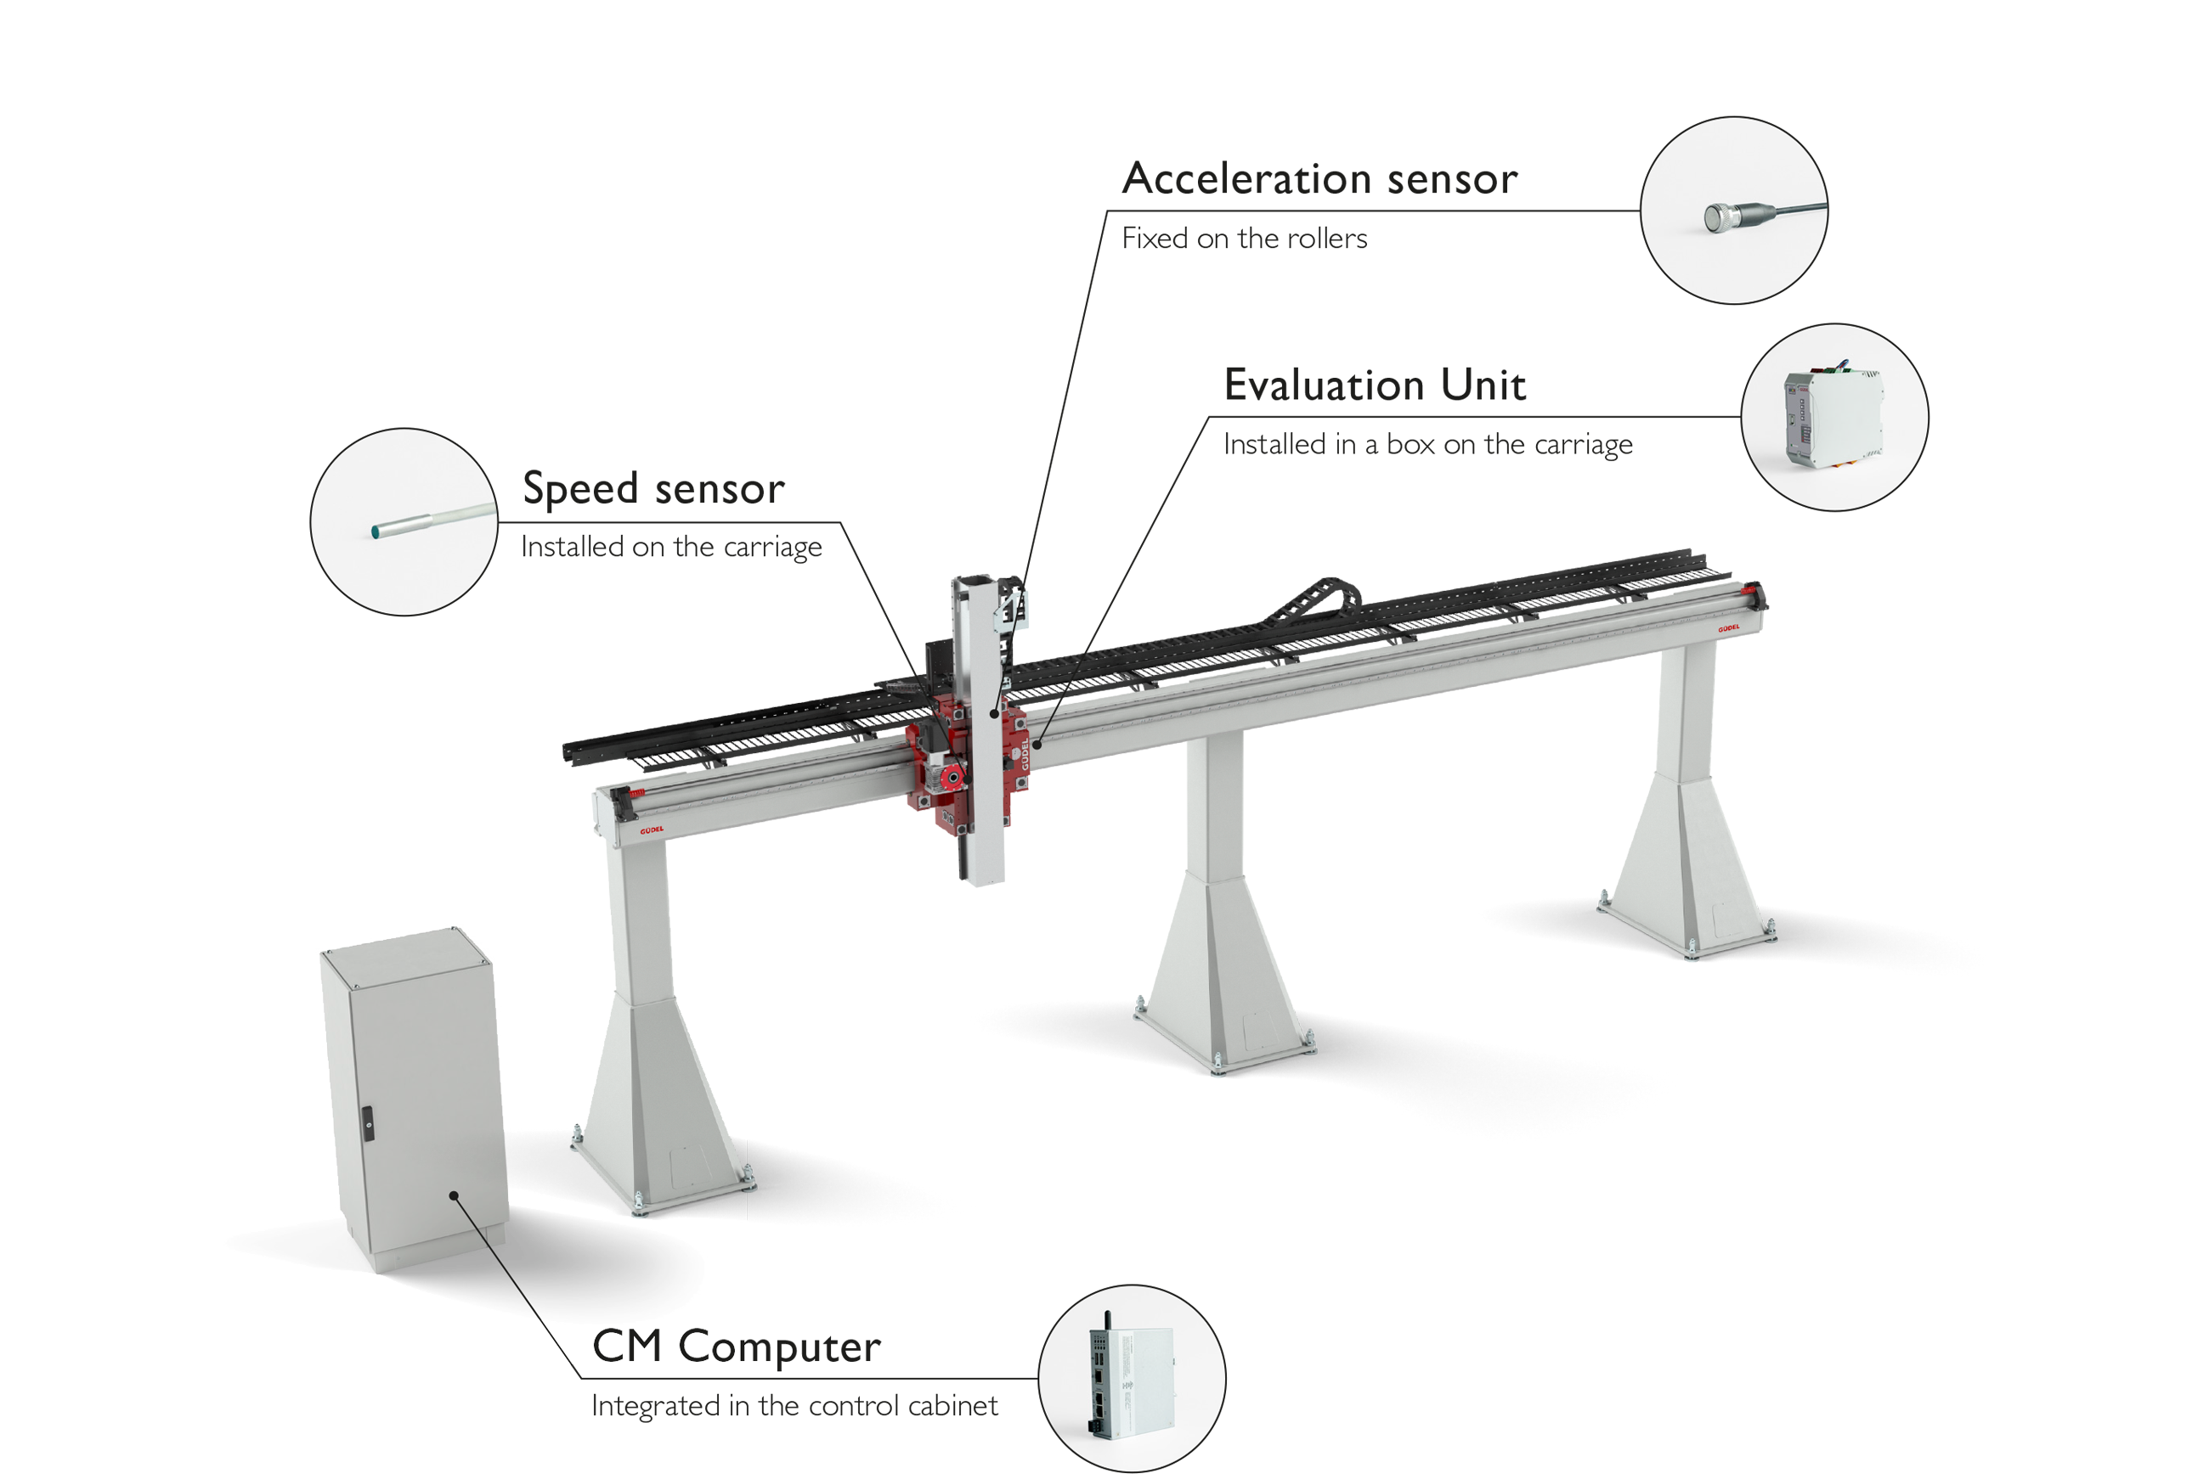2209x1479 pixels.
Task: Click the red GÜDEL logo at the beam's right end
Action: [1729, 627]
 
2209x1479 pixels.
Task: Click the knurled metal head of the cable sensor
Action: [1720, 218]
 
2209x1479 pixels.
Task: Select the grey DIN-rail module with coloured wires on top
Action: [1832, 417]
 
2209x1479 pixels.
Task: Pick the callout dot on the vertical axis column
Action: [995, 716]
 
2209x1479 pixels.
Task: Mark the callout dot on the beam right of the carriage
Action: [1036, 745]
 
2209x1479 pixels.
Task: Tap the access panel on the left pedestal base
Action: [690, 1167]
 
